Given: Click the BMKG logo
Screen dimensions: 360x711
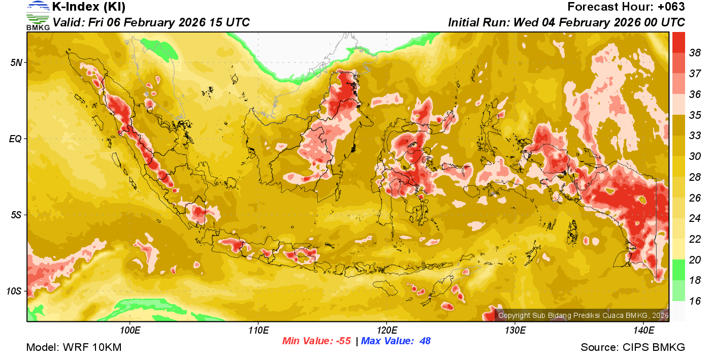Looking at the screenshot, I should (38, 15).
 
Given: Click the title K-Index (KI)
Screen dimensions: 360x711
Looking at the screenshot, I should (89, 7).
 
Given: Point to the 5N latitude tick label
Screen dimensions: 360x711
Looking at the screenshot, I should (16, 62).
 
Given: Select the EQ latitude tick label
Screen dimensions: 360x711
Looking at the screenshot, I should (15, 139).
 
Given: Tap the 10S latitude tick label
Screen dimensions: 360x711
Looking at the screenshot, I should (14, 291).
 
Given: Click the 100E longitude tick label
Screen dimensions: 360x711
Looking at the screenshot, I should (130, 331).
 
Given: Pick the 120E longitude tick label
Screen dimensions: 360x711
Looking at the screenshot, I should (386, 331).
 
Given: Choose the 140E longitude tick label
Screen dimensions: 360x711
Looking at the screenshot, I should (643, 331).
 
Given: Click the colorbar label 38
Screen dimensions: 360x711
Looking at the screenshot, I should (695, 53).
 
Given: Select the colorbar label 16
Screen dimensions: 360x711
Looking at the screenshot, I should (695, 301).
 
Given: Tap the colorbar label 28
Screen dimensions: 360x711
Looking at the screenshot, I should (695, 177).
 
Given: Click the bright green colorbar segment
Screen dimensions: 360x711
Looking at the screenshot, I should (678, 269).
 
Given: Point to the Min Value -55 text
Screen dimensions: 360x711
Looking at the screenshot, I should (316, 341).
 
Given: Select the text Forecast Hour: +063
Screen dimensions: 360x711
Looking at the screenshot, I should (626, 7).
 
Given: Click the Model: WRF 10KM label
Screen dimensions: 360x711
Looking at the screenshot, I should (74, 348).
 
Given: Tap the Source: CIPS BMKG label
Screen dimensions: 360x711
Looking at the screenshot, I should (633, 348).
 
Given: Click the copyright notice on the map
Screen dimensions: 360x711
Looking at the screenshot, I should (583, 315).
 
